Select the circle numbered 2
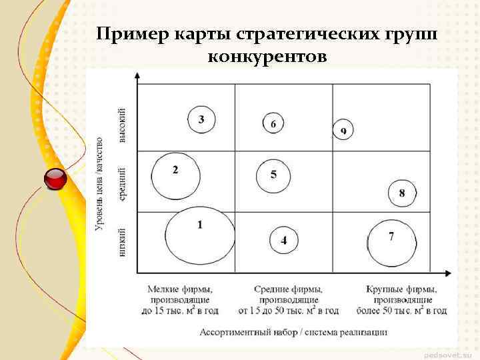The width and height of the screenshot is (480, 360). (x=175, y=176)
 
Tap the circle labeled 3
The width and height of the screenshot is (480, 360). (x=201, y=120)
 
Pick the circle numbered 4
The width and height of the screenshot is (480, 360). (x=284, y=240)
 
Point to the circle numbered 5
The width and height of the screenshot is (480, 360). (x=273, y=175)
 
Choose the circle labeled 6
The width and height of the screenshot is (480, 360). (x=273, y=123)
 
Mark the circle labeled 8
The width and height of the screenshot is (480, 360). (x=402, y=193)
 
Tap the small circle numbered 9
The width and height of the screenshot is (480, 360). (x=343, y=130)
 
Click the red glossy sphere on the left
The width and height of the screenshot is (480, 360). (x=55, y=179)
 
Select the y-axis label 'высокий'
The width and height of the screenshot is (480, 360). (x=122, y=125)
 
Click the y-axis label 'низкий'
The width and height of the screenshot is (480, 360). (x=122, y=244)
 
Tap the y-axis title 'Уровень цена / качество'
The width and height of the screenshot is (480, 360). (x=99, y=185)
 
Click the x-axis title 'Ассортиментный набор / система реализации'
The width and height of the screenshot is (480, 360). (x=293, y=331)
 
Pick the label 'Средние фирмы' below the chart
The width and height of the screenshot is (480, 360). (x=288, y=289)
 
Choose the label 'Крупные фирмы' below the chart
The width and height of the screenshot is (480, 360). (x=401, y=289)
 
